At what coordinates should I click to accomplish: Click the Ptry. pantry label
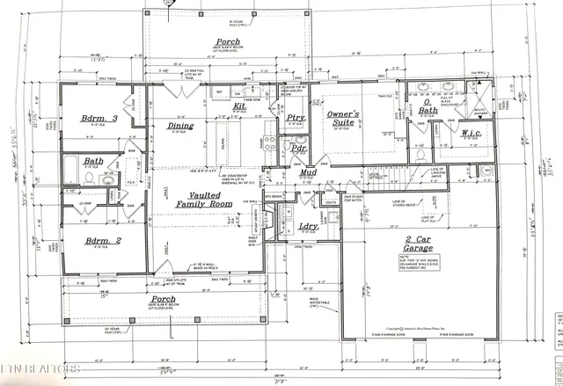click(x=296, y=118)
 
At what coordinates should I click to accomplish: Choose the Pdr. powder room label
click(x=299, y=149)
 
